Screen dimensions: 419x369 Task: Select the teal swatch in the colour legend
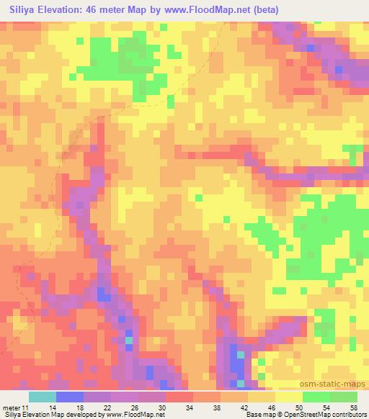pyautogui.click(x=42, y=397)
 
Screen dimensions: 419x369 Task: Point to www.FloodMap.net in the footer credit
pyautogui.click(x=134, y=415)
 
